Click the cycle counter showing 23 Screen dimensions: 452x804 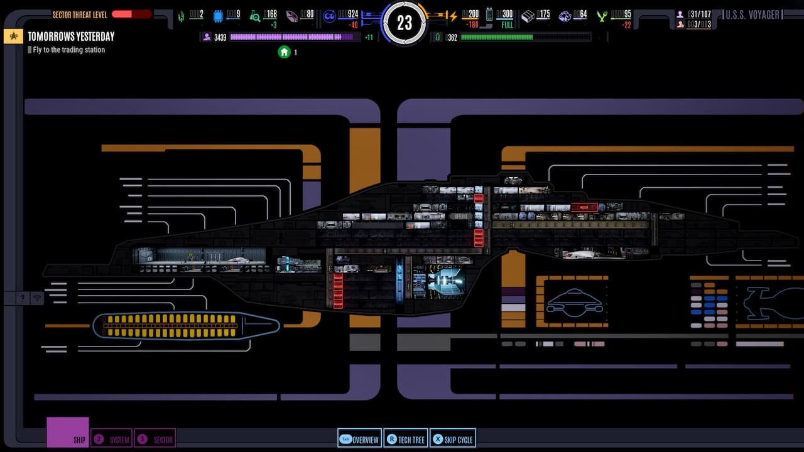[405, 23]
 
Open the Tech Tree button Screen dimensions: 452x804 [405, 439]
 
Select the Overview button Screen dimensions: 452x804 [359, 439]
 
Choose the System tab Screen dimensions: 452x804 [112, 439]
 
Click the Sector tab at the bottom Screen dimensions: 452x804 [155, 439]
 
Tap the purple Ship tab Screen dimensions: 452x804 [68, 433]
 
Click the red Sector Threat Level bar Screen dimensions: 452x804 [131, 14]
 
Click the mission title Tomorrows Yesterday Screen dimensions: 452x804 [71, 36]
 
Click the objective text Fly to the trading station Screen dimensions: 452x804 [69, 50]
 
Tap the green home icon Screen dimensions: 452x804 [284, 52]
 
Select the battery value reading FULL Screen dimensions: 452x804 [506, 25]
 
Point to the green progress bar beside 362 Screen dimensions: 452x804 [525, 38]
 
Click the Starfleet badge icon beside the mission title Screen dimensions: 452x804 [13, 37]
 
